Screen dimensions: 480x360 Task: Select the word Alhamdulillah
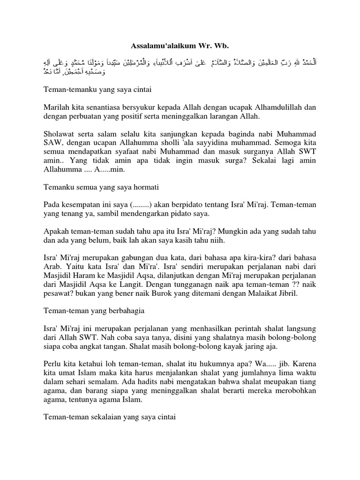coord(272,106)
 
